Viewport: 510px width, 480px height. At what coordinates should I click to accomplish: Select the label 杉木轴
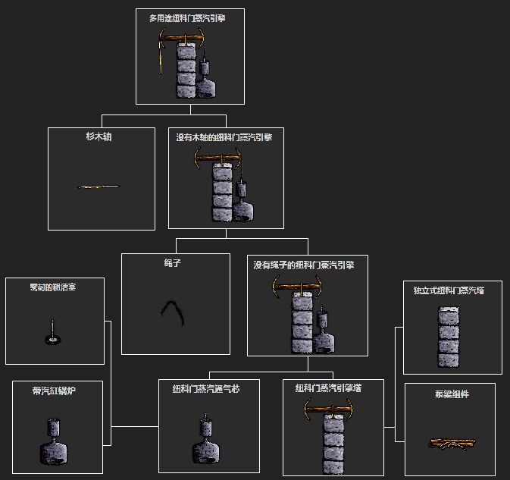[x=99, y=137]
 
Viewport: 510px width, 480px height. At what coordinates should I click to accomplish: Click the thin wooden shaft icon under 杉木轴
[x=99, y=187]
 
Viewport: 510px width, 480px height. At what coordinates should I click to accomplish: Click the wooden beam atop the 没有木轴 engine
[x=219, y=159]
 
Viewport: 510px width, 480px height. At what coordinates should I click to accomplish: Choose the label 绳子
[x=172, y=264]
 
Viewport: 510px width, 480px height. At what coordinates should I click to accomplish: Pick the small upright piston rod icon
[x=52, y=333]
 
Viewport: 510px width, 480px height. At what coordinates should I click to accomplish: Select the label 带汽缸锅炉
[x=54, y=391]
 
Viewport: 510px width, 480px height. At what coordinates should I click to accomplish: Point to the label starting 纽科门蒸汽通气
[x=206, y=389]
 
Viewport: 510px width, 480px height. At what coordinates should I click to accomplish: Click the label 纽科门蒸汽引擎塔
[x=329, y=387]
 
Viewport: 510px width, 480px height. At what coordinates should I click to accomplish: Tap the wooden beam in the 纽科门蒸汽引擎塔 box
[x=329, y=410]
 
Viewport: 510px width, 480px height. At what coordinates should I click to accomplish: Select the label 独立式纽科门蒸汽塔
[x=449, y=290]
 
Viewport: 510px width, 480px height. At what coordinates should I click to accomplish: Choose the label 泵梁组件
[x=452, y=394]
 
